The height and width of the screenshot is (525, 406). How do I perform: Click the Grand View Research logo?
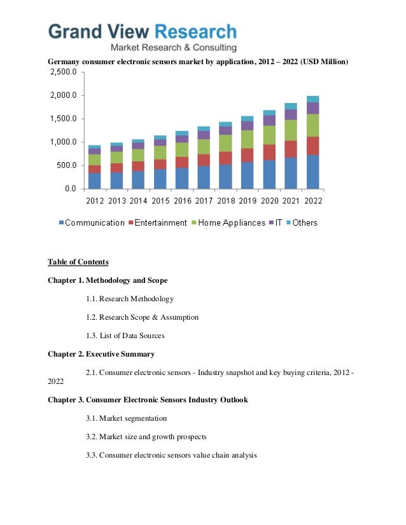point(143,36)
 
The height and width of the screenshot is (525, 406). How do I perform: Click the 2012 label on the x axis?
point(94,201)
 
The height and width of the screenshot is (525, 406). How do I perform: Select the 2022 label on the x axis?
point(312,201)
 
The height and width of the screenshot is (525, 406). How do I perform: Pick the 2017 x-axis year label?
point(204,201)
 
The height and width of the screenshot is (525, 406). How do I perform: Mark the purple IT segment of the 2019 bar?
point(247,126)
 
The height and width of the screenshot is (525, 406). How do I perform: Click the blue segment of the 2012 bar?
point(94,181)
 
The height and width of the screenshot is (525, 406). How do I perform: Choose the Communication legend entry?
point(92,223)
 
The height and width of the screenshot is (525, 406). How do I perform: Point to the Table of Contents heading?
point(78,262)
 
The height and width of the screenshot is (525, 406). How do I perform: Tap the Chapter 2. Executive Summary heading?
point(101,354)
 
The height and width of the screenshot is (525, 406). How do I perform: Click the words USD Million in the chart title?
point(321,62)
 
